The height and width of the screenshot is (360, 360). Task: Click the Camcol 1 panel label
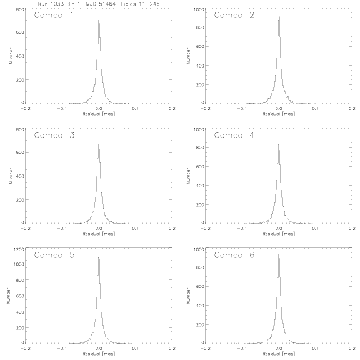tap(54, 15)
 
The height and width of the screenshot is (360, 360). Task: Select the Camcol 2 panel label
tap(234, 15)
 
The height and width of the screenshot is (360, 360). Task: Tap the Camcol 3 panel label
tap(54, 135)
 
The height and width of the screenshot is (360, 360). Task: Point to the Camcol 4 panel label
tap(234, 135)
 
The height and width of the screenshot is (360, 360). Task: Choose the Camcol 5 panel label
tap(54, 255)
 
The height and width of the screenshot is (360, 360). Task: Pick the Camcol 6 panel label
tap(234, 255)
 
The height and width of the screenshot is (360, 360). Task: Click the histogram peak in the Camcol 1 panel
tap(99, 21)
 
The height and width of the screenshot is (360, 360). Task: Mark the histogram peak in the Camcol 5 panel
tap(99, 257)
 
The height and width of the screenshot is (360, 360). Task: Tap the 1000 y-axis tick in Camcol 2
tap(199, 9)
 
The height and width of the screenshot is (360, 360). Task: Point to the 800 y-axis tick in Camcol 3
tap(21, 129)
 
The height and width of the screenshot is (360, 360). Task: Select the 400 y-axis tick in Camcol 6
tap(200, 306)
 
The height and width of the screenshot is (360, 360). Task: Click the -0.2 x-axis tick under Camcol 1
tap(25, 108)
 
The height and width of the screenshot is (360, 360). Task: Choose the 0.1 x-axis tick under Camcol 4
tap(316, 229)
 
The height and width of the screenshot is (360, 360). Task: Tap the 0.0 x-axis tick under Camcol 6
tap(279, 348)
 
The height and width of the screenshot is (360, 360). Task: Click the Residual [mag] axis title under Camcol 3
tap(99, 234)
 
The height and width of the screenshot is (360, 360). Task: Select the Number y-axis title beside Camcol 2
tap(189, 56)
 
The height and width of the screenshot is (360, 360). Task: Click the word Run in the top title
tap(42, 4)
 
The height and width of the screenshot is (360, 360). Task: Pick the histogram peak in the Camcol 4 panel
tap(279, 144)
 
